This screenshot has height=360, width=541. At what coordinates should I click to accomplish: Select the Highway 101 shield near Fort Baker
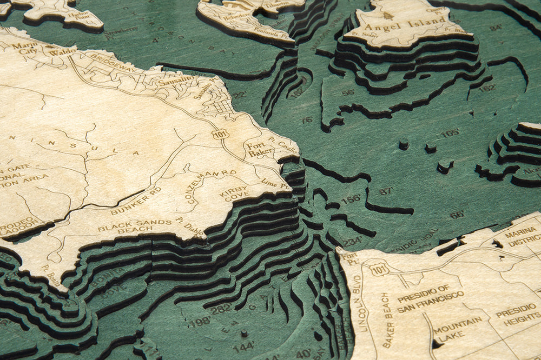point(219,134)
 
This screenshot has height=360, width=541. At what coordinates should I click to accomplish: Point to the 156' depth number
point(351,199)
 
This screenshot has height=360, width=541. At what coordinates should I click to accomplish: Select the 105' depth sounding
point(450,133)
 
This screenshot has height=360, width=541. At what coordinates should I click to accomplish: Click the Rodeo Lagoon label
point(19,226)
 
